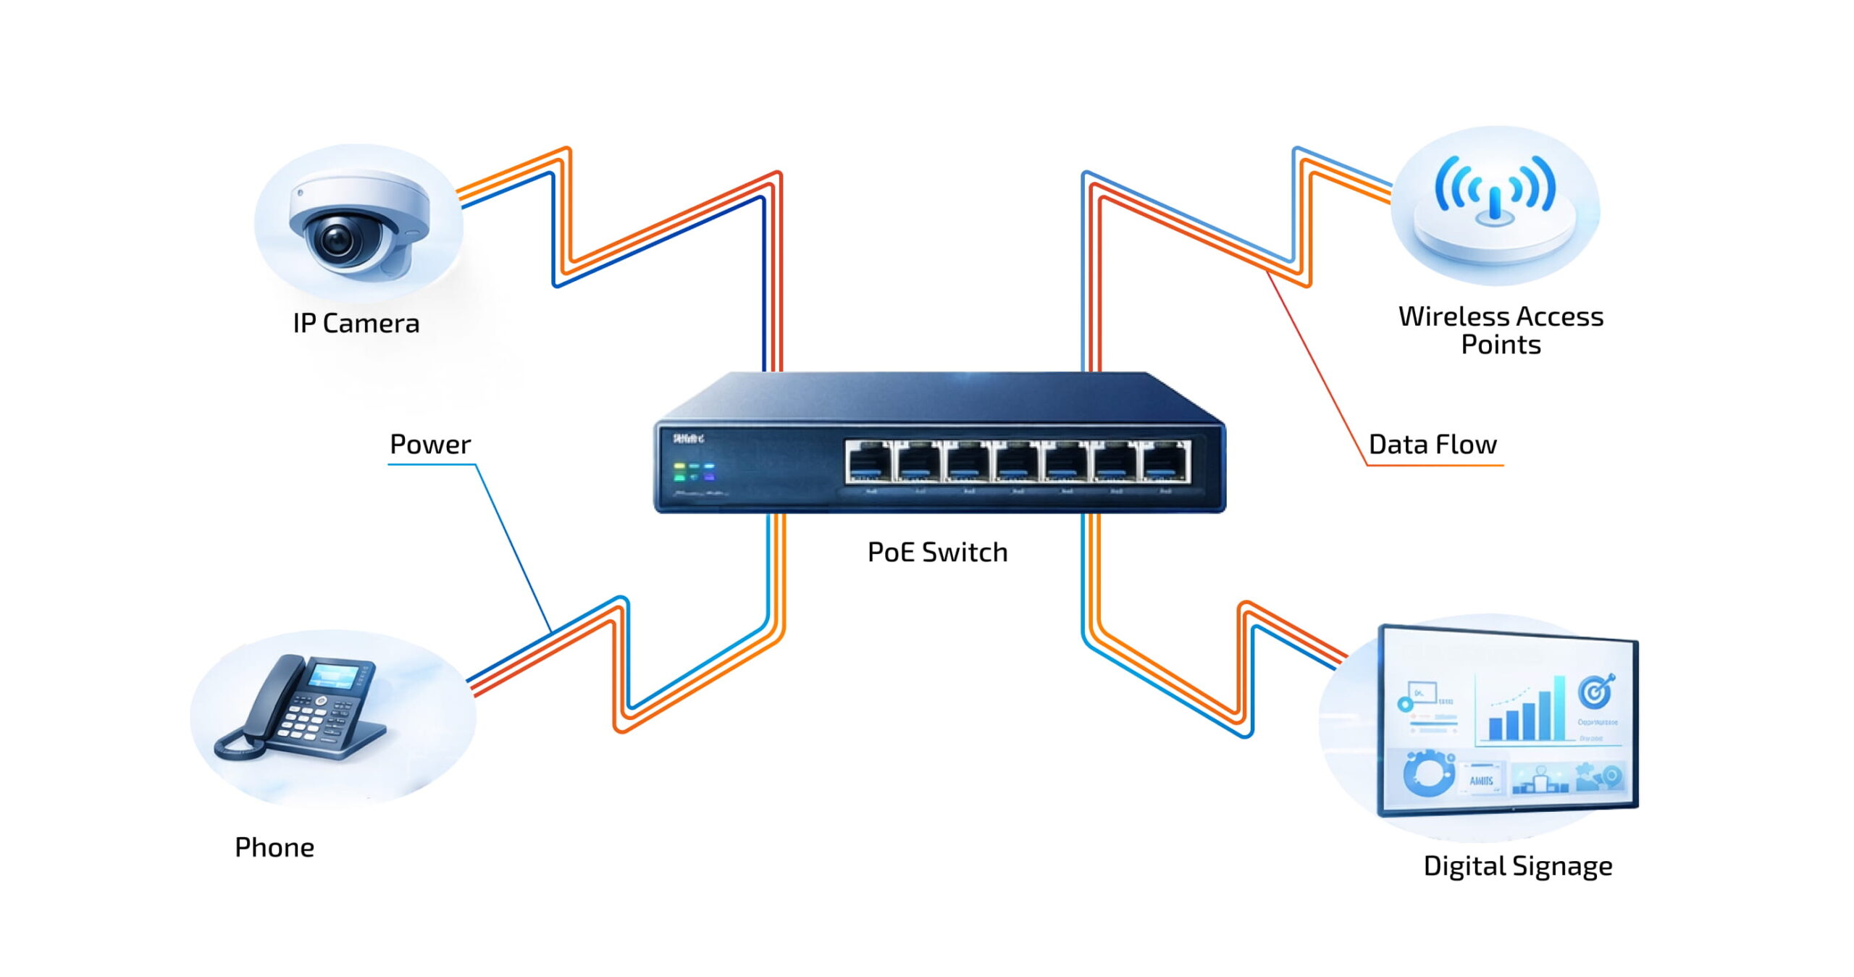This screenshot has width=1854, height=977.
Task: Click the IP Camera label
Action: click(x=356, y=323)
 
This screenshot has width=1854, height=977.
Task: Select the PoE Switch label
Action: click(x=937, y=552)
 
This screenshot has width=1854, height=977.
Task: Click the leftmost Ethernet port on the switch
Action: click(x=869, y=461)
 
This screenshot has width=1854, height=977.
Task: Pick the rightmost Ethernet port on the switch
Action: click(x=1165, y=461)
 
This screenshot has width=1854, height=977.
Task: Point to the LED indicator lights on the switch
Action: click(x=694, y=471)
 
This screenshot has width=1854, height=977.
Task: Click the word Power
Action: click(x=430, y=444)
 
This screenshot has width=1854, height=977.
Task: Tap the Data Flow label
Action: click(x=1432, y=444)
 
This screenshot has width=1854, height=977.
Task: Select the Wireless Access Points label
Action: click(x=1500, y=330)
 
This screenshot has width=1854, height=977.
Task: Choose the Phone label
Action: click(x=274, y=847)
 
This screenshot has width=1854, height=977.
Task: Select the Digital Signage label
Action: click(x=1517, y=865)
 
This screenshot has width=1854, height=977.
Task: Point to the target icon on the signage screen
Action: click(x=1595, y=692)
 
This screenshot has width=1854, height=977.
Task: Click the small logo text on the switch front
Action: click(x=687, y=438)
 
